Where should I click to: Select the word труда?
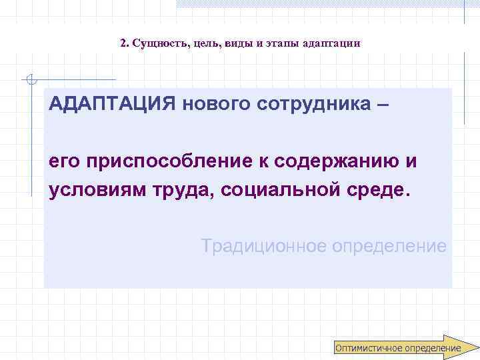pos(187,190)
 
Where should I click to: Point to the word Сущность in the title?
pos(159,43)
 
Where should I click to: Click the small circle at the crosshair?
pos(29,81)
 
